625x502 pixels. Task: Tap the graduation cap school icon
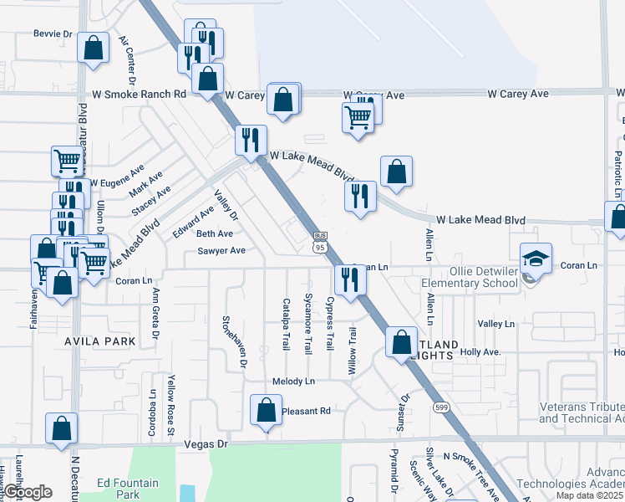point(536,259)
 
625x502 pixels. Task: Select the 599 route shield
point(440,406)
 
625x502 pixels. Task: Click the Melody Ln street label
point(293,381)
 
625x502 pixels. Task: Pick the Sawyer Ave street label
point(221,250)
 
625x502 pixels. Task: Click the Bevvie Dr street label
point(53,34)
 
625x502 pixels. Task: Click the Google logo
point(28,493)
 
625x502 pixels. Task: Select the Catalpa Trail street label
point(286,324)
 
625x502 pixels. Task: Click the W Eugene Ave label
point(117,181)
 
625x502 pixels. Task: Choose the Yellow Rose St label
point(170,405)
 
